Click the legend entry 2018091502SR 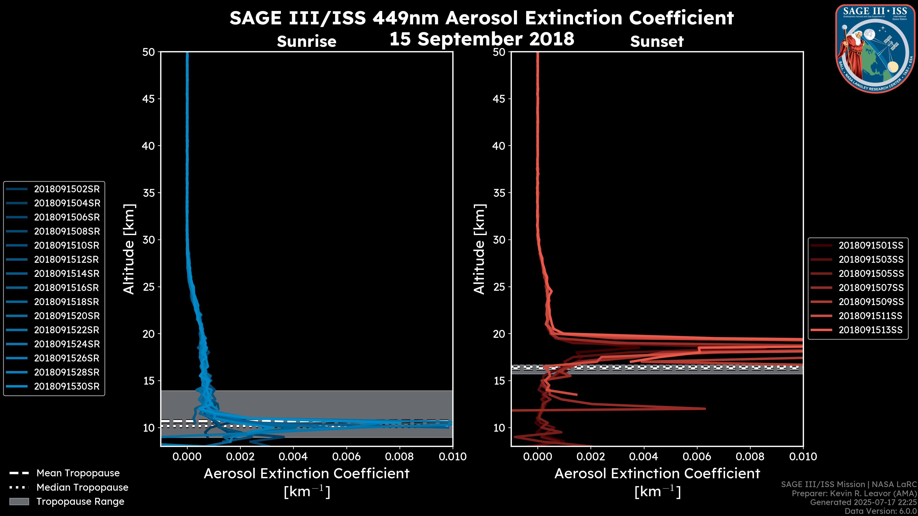click(67, 189)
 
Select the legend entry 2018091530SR click(67, 386)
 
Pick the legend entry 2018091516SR click(67, 288)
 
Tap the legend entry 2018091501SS click(871, 245)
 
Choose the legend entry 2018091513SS click(871, 330)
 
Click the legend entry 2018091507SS click(871, 288)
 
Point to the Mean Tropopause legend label click(78, 473)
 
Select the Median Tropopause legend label click(82, 488)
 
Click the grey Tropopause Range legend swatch click(19, 502)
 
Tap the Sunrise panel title click(306, 42)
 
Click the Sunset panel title click(657, 42)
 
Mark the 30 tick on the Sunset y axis click(499, 240)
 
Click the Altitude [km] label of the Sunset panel click(479, 249)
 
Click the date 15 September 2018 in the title click(481, 39)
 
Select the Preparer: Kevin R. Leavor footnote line click(854, 494)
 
